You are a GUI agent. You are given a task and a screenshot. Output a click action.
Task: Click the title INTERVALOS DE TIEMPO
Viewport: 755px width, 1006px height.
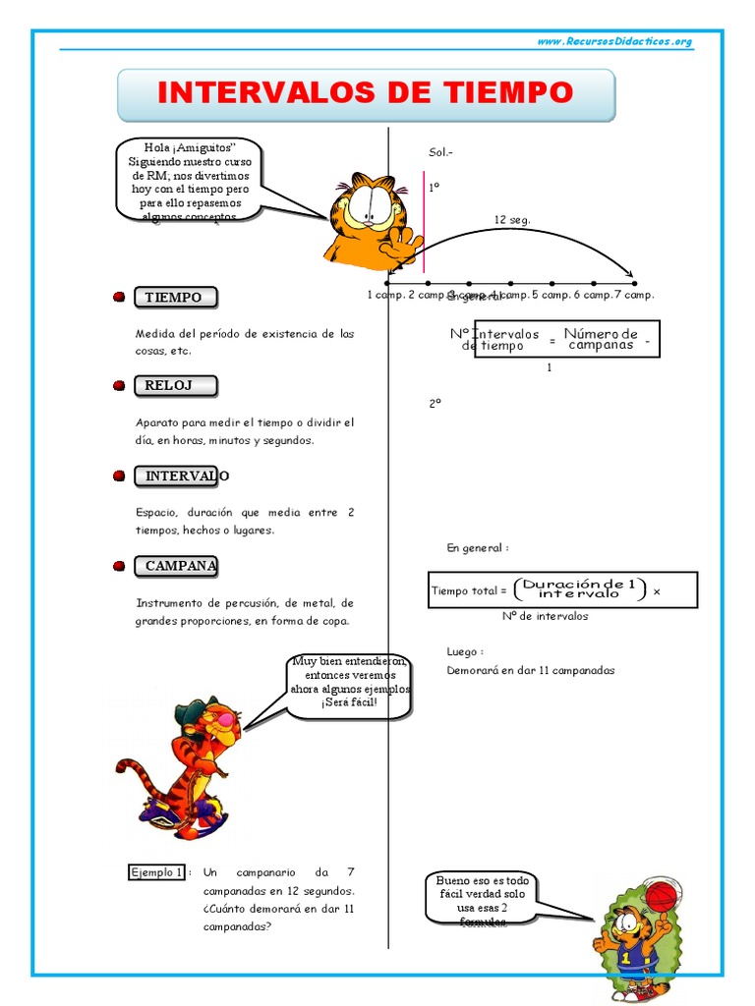click(x=365, y=93)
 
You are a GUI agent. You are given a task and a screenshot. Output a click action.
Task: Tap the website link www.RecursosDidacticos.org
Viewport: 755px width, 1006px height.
click(x=614, y=41)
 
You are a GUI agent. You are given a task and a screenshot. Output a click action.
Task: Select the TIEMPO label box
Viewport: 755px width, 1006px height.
click(x=174, y=298)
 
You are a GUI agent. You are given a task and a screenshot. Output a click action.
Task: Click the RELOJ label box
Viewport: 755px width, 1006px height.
click(x=174, y=386)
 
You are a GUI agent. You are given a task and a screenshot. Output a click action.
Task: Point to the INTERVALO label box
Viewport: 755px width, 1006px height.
click(x=178, y=476)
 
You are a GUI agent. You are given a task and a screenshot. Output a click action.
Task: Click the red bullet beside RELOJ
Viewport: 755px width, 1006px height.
click(x=118, y=386)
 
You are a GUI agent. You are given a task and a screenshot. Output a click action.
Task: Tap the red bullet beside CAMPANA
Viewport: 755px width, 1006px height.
click(x=118, y=567)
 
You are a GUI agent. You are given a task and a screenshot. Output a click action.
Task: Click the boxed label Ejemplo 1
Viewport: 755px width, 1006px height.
click(x=156, y=872)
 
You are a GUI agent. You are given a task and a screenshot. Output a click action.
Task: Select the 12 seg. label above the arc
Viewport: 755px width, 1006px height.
click(x=511, y=220)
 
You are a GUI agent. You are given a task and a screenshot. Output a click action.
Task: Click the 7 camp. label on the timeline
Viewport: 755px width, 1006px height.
click(x=634, y=295)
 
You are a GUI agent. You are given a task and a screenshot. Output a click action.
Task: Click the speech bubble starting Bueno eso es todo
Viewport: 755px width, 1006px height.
click(x=481, y=895)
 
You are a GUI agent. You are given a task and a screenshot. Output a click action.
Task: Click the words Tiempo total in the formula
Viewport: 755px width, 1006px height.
click(x=468, y=591)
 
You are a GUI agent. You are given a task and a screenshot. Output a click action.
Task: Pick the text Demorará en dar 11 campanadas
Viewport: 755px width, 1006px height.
click(x=530, y=671)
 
